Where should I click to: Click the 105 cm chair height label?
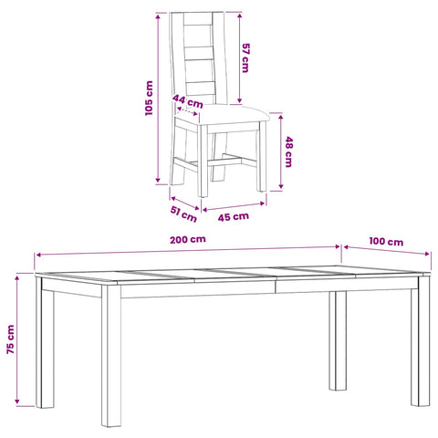point(149,98)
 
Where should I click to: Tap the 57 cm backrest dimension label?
point(245,57)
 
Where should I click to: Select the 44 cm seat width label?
point(188,101)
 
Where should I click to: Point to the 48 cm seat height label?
point(288,151)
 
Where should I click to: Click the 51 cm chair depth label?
point(183,214)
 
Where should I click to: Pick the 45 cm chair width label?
point(234,217)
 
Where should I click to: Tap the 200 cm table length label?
point(188,239)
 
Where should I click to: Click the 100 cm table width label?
point(386,242)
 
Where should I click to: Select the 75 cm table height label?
point(11,339)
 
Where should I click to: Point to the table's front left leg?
point(111,355)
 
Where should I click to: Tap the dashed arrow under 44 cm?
point(187,111)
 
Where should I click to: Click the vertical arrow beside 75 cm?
point(17,339)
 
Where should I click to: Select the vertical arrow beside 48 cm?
point(281,151)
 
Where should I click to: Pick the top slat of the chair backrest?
point(198,18)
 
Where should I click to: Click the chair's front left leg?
point(203,161)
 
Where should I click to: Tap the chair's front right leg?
point(262,156)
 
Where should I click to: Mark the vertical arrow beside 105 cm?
point(158,98)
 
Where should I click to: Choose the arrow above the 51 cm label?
point(185,203)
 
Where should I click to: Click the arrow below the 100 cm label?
point(387,250)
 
